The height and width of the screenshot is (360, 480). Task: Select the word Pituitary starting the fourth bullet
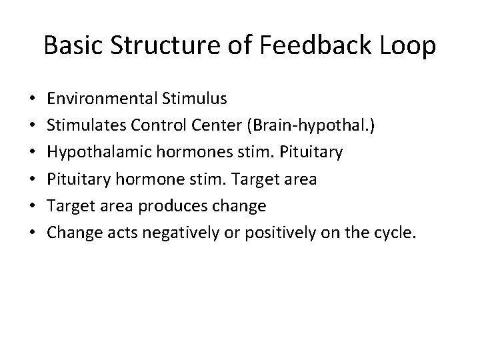point(77,179)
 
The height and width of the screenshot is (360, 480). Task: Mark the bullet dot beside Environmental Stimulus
point(33,99)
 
